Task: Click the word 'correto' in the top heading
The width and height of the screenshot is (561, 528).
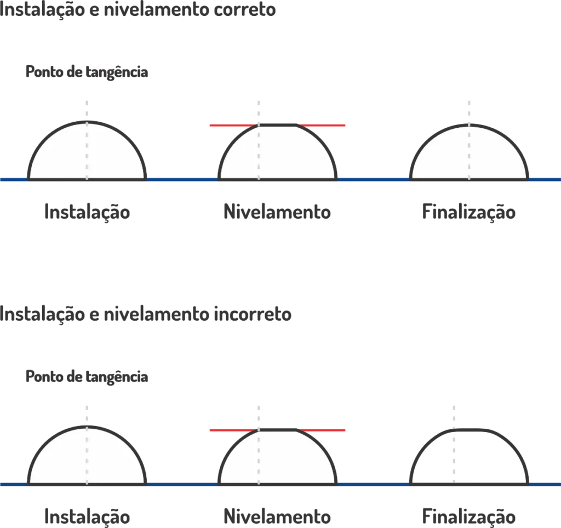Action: pyautogui.click(x=245, y=9)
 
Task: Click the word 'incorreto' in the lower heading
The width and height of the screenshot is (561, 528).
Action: pyautogui.click(x=253, y=314)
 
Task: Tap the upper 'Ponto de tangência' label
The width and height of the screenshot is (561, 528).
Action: pyautogui.click(x=87, y=72)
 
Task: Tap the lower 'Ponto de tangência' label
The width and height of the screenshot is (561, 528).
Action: pyautogui.click(x=87, y=377)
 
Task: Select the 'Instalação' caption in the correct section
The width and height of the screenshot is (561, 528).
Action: pyautogui.click(x=87, y=212)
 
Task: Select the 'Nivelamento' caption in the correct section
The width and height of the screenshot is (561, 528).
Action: pyautogui.click(x=277, y=212)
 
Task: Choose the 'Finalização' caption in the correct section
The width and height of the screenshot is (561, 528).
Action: pyautogui.click(x=469, y=212)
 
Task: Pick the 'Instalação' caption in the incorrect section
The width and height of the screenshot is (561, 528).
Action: pyautogui.click(x=87, y=517)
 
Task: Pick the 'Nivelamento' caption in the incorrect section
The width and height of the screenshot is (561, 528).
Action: pyautogui.click(x=277, y=516)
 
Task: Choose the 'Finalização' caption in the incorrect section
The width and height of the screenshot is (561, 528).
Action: pyautogui.click(x=469, y=517)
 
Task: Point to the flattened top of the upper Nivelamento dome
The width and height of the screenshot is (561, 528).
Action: pyautogui.click(x=278, y=125)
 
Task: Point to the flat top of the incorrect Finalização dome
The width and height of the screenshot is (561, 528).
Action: pyautogui.click(x=469, y=429)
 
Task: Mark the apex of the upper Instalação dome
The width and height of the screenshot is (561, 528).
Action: pyautogui.click(x=87, y=122)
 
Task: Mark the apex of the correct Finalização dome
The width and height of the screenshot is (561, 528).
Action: pyautogui.click(x=469, y=125)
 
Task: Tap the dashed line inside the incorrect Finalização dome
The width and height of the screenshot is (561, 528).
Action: pyautogui.click(x=454, y=456)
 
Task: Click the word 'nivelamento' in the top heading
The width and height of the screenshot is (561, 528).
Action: pyautogui.click(x=156, y=9)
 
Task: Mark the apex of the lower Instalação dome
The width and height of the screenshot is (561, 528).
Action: pyautogui.click(x=87, y=427)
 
